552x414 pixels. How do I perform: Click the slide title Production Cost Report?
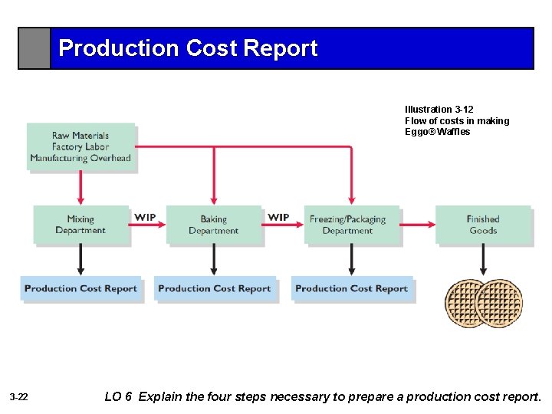tap(188, 48)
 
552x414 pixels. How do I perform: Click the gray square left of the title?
tap(34, 48)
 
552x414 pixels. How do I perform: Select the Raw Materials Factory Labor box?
tap(80, 146)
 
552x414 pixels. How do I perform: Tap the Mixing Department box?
tap(80, 225)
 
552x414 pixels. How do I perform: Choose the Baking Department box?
tap(214, 225)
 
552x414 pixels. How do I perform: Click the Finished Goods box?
tap(483, 225)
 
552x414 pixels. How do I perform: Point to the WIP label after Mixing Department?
tap(145, 218)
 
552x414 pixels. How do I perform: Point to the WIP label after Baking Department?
tap(278, 218)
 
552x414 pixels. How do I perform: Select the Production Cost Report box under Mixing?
tap(80, 289)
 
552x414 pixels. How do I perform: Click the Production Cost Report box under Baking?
tap(214, 289)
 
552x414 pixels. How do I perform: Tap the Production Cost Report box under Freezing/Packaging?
tap(351, 289)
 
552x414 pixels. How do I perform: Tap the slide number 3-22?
tap(19, 397)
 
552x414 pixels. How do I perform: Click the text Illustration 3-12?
tap(439, 110)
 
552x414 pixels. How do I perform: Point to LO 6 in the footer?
tap(118, 396)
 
